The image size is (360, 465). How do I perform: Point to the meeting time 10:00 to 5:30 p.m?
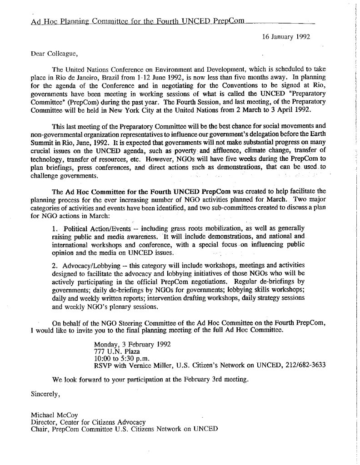coord(123,358)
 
